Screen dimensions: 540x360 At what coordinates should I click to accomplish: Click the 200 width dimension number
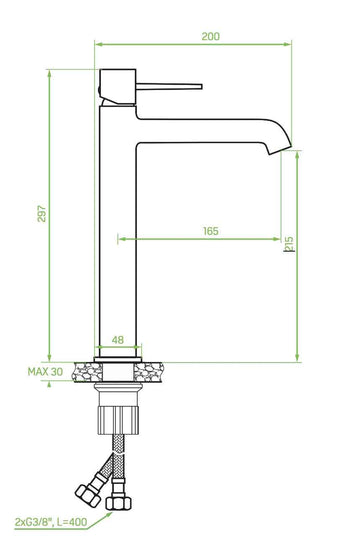pyautogui.click(x=210, y=36)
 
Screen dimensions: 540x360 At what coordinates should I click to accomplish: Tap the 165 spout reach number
pyautogui.click(x=210, y=231)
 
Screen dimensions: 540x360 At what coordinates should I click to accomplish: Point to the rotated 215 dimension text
pyautogui.click(x=288, y=244)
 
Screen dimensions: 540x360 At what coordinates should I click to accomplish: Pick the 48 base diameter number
pyautogui.click(x=117, y=340)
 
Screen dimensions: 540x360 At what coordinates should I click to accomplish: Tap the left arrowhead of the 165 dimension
pyautogui.click(x=121, y=239)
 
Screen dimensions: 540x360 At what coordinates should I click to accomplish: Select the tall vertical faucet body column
pyautogui.click(x=117, y=230)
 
